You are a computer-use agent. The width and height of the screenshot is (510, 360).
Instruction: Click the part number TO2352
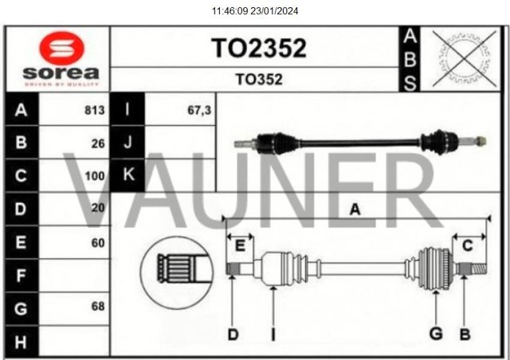258,48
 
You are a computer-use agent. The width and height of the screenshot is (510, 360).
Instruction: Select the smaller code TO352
258,80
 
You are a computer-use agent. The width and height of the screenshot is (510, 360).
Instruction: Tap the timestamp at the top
255,11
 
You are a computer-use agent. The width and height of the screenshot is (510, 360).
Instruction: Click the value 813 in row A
95,111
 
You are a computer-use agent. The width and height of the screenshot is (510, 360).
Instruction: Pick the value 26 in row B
99,143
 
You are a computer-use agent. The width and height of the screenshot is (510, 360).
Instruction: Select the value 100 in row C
95,176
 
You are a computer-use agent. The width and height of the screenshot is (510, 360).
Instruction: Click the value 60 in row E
99,242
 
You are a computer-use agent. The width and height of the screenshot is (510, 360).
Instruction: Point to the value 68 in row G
99,307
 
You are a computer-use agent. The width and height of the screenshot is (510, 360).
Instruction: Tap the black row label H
21,342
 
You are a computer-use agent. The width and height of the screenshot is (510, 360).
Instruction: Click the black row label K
127,174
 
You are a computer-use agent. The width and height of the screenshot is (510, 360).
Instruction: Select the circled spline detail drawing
177,270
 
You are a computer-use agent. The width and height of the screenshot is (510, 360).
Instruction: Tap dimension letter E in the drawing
240,245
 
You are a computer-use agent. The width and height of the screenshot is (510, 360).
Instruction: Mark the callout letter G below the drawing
436,334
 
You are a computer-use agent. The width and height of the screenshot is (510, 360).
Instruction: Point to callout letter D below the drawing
233,334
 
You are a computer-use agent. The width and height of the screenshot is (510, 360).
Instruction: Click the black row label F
21,276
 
